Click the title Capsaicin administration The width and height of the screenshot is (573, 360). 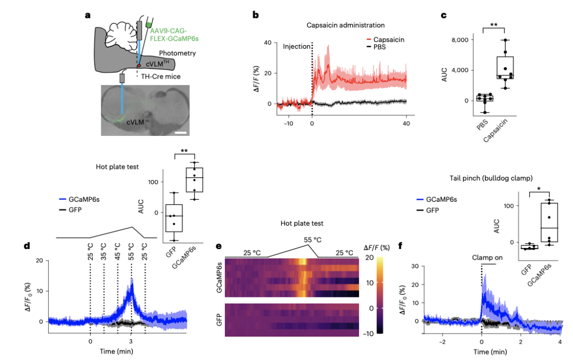(346, 24)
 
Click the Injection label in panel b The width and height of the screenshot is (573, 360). (297, 46)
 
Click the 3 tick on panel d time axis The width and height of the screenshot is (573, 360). (131, 342)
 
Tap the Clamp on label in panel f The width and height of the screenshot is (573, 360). (487, 258)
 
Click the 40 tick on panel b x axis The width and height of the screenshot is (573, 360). (406, 123)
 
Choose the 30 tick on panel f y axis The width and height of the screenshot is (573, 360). (417, 265)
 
